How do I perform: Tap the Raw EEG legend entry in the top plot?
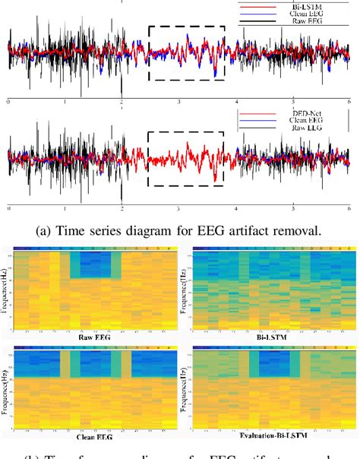(310, 21)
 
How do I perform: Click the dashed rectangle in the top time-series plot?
(186, 52)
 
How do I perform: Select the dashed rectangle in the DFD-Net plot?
(186, 158)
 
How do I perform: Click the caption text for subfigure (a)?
(179, 226)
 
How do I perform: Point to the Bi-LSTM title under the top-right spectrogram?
(270, 335)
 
